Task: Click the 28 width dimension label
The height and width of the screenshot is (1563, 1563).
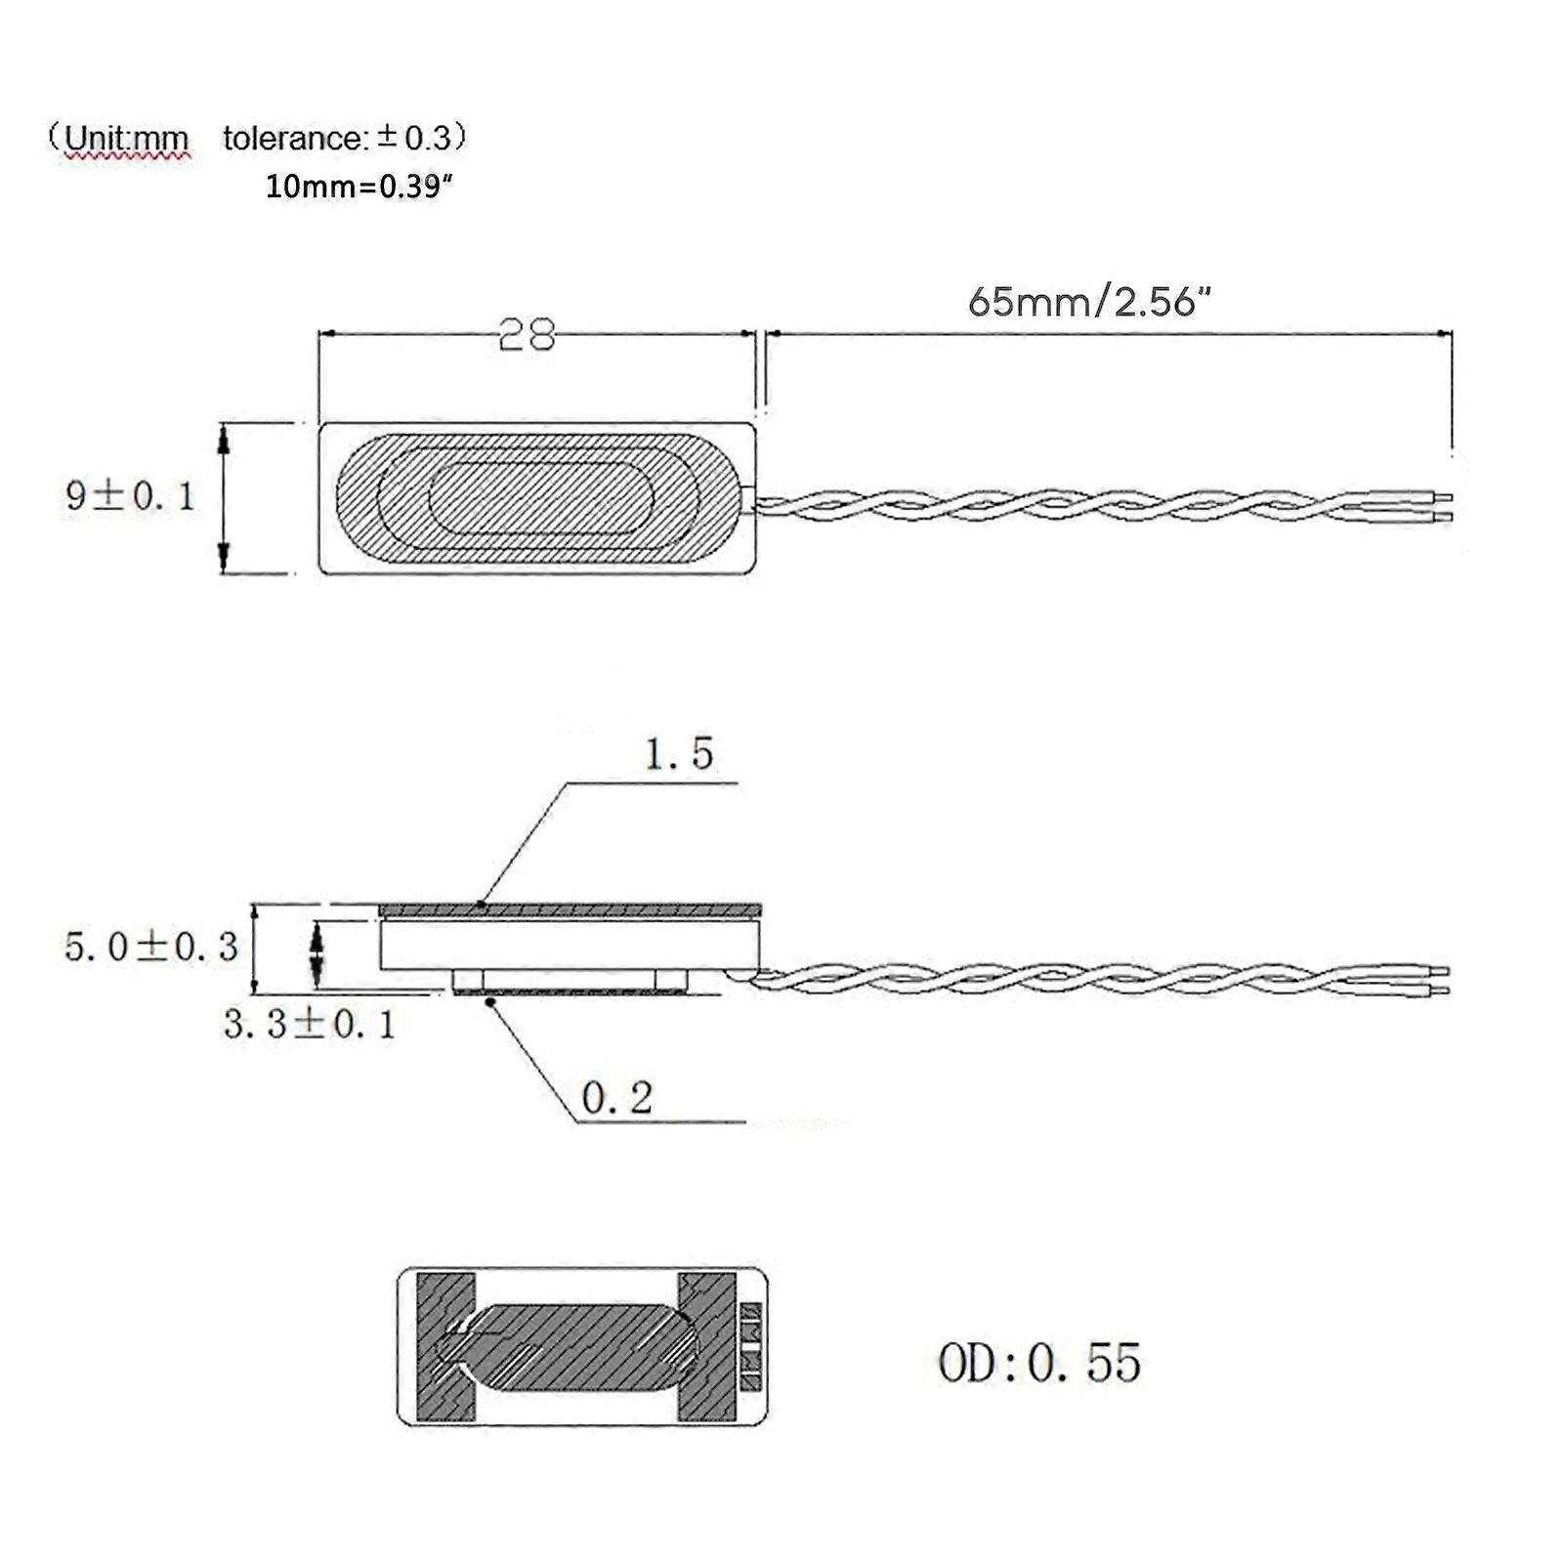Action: [527, 335]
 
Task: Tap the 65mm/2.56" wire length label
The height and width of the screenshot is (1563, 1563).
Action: [1089, 302]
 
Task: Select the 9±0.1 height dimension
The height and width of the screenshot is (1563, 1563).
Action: [130, 496]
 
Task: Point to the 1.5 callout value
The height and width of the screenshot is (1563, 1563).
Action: [679, 753]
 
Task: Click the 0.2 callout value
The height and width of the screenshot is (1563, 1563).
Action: [616, 1098]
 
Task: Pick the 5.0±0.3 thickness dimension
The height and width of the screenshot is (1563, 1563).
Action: [151, 946]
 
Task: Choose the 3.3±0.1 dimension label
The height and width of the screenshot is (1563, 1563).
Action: [310, 1024]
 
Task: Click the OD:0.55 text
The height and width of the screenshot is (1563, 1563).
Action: [1039, 1363]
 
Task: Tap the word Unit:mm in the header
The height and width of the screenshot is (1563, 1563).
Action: [126, 139]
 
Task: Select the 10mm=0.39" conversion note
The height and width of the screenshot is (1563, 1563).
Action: [359, 186]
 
